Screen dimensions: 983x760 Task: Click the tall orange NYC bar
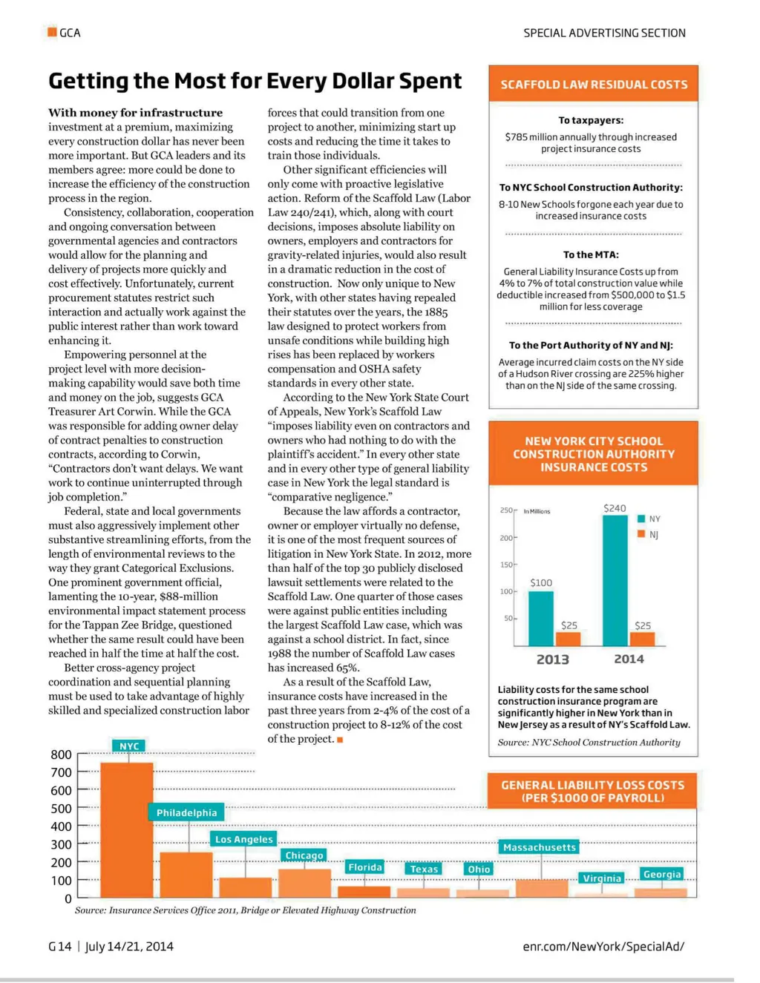coord(127,829)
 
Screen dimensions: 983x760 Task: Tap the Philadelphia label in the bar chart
coord(186,812)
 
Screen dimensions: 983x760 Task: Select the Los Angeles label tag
coord(244,839)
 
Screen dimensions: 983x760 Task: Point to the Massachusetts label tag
coord(539,847)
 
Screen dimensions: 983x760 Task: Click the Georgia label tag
coord(662,874)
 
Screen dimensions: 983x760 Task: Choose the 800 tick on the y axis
coord(61,754)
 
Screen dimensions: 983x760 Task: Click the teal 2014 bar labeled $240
coord(615,579)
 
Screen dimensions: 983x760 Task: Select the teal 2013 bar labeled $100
coord(540,618)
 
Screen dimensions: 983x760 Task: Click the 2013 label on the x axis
coord(552,660)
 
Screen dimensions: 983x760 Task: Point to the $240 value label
coord(615,508)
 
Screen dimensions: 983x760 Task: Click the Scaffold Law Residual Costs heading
coord(594,85)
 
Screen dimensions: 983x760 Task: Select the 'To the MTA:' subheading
coord(591,254)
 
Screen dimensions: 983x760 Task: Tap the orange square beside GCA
coord(52,32)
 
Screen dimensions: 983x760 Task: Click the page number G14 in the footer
coord(60,946)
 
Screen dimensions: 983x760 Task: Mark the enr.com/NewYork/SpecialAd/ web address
coord(603,946)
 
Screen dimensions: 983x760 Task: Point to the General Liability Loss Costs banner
coord(592,791)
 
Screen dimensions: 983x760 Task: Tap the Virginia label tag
coord(602,878)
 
